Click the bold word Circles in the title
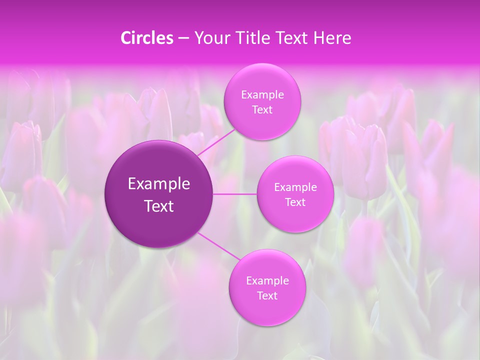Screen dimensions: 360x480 pos(147,38)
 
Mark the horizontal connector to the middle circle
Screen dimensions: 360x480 pos(234,194)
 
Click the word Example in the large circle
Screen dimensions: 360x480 pos(159,184)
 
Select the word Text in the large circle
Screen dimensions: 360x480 pos(159,206)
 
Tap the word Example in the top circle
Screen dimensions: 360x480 pos(262,94)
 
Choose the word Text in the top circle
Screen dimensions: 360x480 pos(262,109)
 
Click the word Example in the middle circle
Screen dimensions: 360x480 pos(295,187)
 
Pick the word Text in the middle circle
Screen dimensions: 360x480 pos(295,202)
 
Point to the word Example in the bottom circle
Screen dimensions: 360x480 pos(267,280)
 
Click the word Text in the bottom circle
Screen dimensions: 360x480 pos(267,295)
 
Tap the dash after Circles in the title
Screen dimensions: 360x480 pos(183,38)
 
